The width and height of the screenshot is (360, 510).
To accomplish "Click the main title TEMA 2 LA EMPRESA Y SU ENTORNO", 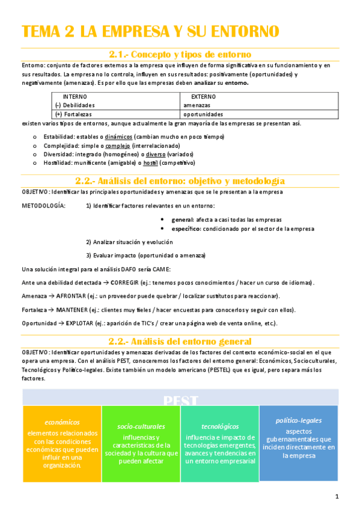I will click(150, 31).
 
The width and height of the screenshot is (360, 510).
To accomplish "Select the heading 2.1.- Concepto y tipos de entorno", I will click(180, 54).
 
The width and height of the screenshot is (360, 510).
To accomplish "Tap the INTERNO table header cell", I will click(75, 96).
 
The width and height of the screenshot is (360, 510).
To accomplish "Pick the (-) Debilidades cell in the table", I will click(75, 105).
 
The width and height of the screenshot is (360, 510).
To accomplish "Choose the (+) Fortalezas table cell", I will click(75, 114).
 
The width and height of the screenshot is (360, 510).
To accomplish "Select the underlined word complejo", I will click(117, 146).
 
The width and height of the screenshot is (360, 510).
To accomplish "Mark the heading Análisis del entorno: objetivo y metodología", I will click(180, 181).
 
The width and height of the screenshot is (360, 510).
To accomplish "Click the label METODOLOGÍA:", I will click(44, 206).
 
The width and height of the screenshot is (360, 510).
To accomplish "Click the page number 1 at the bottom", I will click(337, 497).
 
